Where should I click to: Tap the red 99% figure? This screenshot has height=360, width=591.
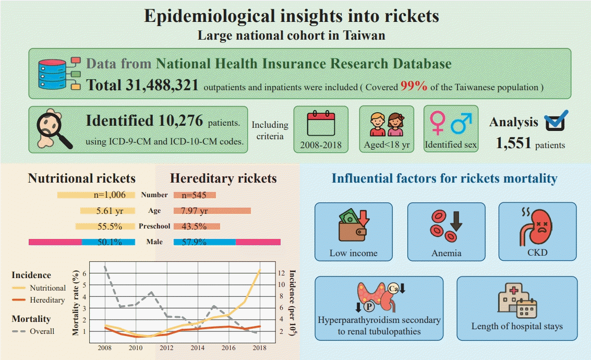pos(414,87)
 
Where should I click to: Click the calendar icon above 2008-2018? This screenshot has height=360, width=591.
pos(320,123)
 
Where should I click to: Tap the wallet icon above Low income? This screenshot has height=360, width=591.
pos(353,225)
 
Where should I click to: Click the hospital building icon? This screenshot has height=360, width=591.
pos(516,302)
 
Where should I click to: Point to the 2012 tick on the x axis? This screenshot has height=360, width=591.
pos(166,348)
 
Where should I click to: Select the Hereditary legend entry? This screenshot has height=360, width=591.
pos(47,300)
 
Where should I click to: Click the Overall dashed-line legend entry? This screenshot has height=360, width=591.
pos(42,331)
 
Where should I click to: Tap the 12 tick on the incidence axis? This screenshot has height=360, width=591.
pos(281,273)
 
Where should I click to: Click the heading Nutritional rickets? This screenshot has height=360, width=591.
pos(82,178)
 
